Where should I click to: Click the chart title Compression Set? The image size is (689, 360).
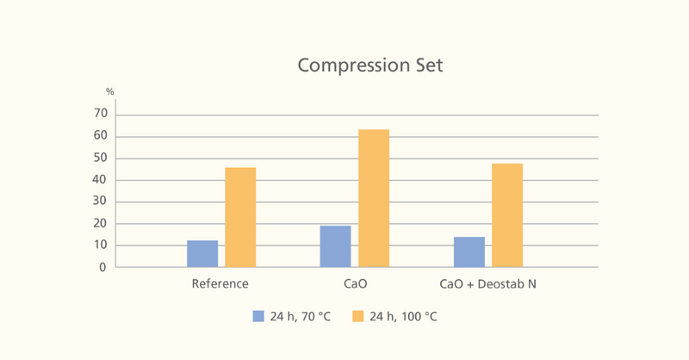370,65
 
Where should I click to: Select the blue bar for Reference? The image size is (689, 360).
202,254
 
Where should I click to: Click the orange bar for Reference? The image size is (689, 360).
240,217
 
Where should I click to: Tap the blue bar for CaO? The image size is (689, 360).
335,246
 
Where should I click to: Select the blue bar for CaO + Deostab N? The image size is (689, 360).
469,251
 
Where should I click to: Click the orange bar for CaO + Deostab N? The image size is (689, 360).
507,215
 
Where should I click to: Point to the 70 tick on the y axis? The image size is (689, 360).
100,114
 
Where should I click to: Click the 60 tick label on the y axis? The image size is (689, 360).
100,136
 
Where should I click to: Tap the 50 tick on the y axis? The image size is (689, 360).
100,158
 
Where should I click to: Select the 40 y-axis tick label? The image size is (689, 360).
100,180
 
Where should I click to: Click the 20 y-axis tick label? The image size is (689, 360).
100,224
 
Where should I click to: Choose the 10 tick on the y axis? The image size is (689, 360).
100,245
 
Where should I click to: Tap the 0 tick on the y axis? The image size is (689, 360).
102,267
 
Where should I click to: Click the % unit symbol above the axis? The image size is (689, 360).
109,91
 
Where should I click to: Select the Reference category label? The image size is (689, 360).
221,284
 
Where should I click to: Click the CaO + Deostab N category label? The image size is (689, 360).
488,284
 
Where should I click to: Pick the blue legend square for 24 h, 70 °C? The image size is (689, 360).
258,316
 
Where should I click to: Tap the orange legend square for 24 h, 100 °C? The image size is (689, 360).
358,316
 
